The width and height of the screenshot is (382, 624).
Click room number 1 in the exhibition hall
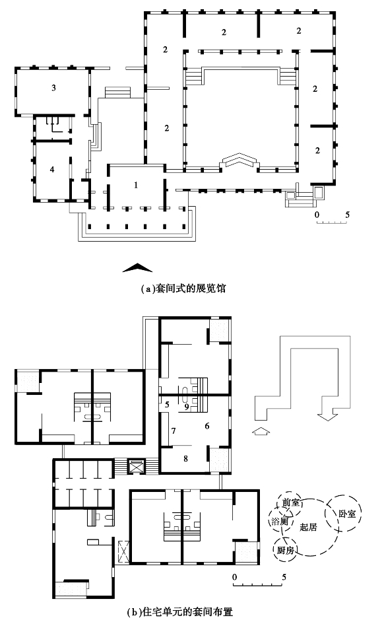point(136,185)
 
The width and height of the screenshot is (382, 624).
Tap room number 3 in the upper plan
point(53,88)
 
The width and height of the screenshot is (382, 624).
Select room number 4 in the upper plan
point(51,170)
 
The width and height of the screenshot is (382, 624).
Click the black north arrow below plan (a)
point(137,268)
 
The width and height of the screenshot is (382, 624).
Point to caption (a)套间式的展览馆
point(183,288)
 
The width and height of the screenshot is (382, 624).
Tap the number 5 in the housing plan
point(168,405)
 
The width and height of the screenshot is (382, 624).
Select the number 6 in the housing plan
point(207,426)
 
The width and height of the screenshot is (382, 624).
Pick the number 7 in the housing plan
point(173,431)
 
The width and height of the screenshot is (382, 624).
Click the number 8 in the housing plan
point(185,458)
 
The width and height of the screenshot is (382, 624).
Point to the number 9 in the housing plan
point(187,407)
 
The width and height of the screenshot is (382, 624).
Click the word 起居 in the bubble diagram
point(309,527)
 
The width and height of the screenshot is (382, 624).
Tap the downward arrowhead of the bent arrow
point(327,417)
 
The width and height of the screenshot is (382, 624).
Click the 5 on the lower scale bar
point(284,577)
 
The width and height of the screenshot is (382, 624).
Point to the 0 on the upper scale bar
point(317,215)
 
